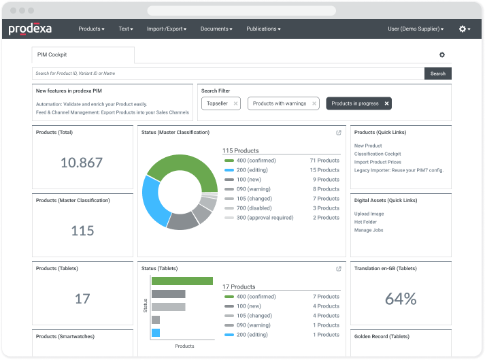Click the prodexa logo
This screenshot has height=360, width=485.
coord(30,29)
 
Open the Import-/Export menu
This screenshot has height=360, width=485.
coord(166,29)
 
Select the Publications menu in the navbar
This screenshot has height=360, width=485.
coord(263,29)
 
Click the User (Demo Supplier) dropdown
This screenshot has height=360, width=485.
coord(415,29)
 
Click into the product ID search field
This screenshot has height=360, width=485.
coord(228,73)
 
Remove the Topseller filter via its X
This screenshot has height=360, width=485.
coord(235,103)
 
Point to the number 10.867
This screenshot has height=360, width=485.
coord(82,163)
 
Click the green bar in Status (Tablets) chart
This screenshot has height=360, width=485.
coord(182,281)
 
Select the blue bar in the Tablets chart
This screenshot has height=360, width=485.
coord(156,333)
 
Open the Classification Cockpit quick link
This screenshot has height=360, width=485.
coord(378,154)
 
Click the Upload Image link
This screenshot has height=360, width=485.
coord(369,214)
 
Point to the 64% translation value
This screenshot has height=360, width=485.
coord(400,298)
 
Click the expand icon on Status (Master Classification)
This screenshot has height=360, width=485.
coord(339,133)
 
